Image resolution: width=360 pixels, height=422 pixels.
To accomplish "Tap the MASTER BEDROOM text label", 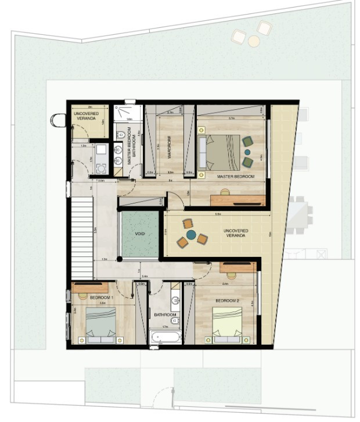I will (236, 176).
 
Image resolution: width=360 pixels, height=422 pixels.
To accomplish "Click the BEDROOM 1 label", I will (102, 298).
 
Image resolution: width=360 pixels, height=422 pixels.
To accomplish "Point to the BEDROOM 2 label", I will (228, 301).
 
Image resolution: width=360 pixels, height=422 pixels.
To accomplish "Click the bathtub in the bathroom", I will (165, 337).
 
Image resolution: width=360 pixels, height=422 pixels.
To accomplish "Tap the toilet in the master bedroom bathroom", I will (120, 136).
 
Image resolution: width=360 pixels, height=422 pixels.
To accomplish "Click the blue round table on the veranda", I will (191, 234).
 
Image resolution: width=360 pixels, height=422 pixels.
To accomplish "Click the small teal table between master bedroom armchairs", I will (248, 152).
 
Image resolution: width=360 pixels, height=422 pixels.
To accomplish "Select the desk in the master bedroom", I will (238, 199).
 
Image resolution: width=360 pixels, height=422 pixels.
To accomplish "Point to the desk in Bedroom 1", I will (90, 287).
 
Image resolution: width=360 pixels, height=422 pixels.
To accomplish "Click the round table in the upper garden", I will (254, 41).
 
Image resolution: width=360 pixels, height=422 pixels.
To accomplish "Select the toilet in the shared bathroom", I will (176, 300).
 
